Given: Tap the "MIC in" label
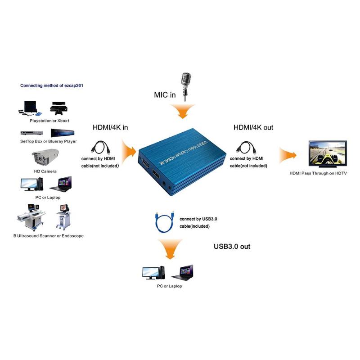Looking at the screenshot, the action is (165, 94).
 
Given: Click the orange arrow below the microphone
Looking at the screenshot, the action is (183, 111).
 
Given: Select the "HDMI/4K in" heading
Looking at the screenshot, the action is (110, 127).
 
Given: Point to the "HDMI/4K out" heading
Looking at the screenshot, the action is (253, 127).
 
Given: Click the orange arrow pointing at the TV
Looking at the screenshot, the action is (288, 155).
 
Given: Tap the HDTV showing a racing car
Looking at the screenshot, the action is (328, 153).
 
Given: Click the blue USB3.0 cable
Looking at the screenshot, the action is (164, 222).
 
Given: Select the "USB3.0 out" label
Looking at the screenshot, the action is (232, 246).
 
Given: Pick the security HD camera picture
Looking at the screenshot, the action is (45, 157).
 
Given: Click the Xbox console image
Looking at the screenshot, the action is (59, 108).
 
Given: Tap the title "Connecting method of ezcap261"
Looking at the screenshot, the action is (52, 85).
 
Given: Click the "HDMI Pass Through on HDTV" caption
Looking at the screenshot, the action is (318, 173).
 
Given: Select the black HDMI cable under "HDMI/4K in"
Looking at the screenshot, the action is (100, 148).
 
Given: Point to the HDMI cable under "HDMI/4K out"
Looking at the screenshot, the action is (246, 148).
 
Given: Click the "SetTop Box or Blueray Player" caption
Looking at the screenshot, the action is (49, 141).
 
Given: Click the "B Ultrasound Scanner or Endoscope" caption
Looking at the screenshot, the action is (49, 236).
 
